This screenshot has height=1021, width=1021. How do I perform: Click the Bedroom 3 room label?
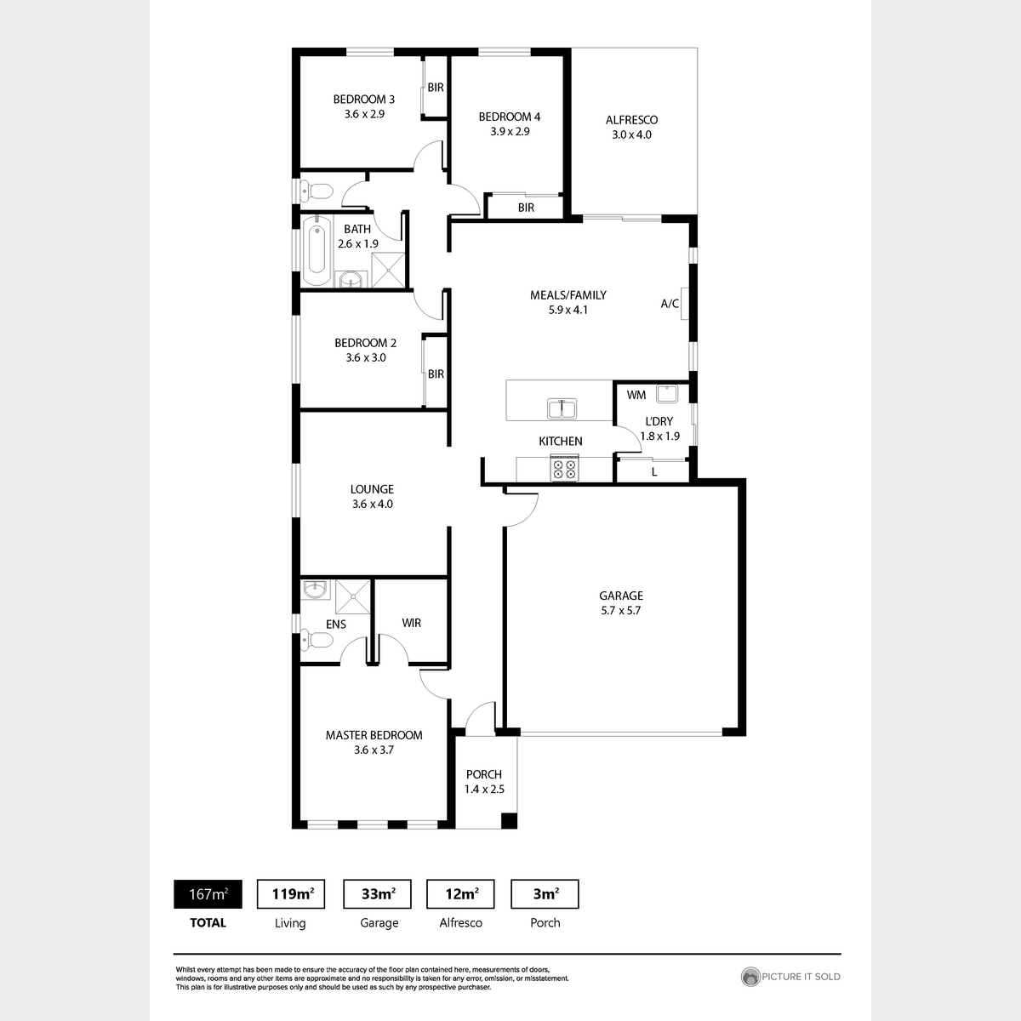(363, 99)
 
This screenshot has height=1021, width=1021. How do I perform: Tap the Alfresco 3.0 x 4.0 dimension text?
(631, 134)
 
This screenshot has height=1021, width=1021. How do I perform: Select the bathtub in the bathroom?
(317, 252)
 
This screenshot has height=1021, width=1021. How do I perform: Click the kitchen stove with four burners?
(564, 469)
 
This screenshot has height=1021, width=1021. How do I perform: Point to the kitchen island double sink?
(562, 409)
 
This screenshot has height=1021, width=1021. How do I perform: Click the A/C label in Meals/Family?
(670, 304)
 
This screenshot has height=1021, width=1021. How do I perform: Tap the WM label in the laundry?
(636, 395)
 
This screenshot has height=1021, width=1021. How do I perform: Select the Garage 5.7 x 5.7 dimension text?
(620, 610)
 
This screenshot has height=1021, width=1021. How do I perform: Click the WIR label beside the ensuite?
(412, 623)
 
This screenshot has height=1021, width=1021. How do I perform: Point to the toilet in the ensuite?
(311, 639)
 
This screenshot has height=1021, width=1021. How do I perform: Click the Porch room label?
(484, 774)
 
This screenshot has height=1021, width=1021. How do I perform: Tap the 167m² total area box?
(208, 894)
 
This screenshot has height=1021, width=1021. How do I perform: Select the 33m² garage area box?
(377, 894)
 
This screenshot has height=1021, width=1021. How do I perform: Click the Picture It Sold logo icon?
(750, 977)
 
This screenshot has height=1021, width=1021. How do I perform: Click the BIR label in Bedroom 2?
(436, 374)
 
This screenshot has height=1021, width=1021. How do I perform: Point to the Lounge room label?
(372, 489)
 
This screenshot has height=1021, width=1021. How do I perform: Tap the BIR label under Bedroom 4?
(526, 208)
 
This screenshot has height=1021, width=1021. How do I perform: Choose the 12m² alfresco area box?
(460, 894)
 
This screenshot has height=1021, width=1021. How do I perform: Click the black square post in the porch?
(508, 821)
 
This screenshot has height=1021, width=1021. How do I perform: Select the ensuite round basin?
(316, 589)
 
